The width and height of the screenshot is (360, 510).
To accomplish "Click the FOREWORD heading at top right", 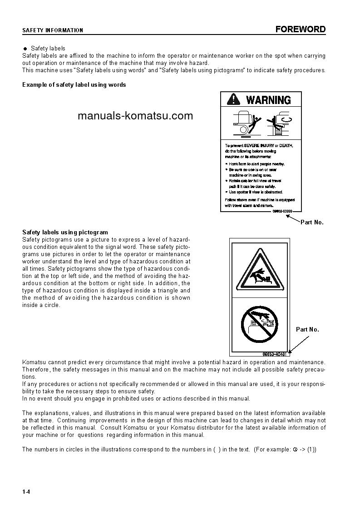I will pos(301,30).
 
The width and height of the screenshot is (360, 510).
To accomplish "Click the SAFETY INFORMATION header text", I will pos(53,30).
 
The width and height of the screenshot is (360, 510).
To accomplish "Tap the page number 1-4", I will pos(26,492).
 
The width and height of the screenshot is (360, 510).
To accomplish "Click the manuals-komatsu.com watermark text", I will pos(135,116).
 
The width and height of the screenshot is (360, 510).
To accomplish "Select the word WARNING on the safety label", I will pos(268,100).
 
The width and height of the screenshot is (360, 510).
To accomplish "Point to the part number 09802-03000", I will pos(282,211).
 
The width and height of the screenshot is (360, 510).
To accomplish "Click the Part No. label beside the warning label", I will pos(312,223).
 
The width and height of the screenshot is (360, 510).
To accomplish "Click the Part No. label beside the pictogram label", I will pos(307,330).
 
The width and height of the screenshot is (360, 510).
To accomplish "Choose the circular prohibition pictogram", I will pos(259,323).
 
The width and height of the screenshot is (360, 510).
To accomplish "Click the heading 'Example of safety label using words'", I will pos(74,85).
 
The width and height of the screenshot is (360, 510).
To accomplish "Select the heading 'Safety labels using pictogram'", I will pos(65,232).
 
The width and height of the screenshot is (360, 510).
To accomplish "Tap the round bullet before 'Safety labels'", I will pos(25,49).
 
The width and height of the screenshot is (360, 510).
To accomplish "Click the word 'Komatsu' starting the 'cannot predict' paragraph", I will pos(34,362).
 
